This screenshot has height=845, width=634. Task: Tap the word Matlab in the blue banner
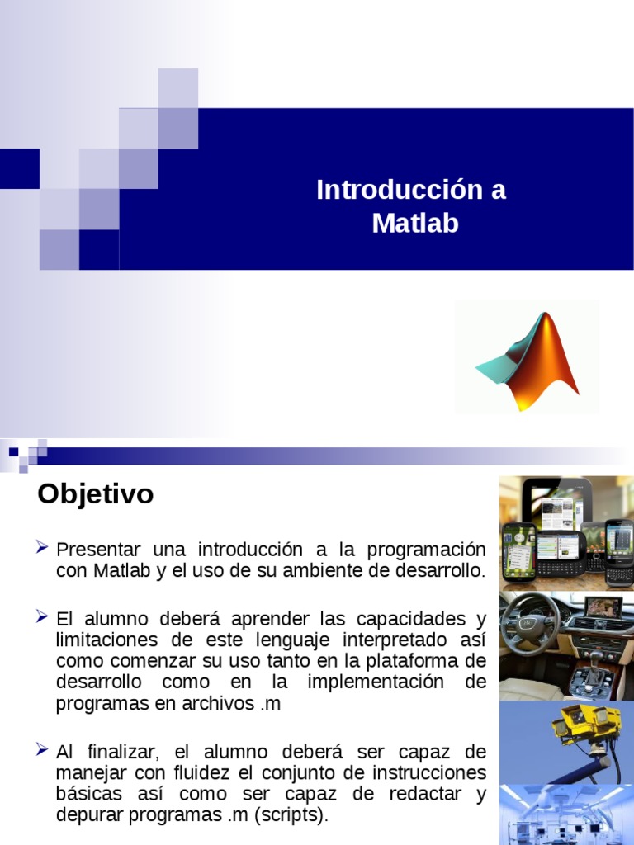click(415, 223)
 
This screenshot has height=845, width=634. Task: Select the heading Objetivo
click(96, 494)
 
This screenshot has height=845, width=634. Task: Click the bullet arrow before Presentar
click(42, 547)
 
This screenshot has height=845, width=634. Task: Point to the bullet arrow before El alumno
click(42, 616)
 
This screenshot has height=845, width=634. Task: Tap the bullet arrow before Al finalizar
click(42, 749)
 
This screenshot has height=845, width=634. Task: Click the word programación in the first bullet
click(426, 550)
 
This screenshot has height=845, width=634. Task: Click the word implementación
click(376, 682)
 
